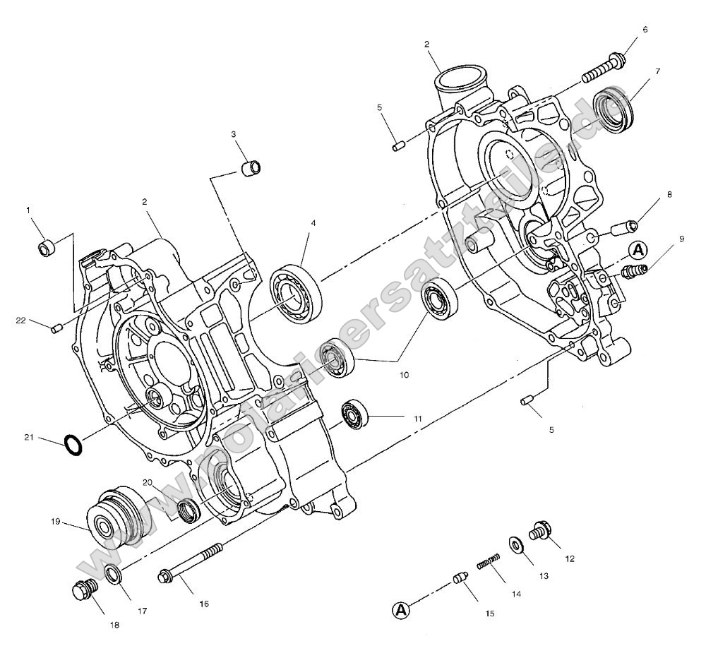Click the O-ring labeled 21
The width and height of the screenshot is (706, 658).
pyautogui.click(x=73, y=445)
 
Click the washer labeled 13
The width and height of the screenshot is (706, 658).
pyautogui.click(x=516, y=545)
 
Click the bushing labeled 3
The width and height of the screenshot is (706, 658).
pyautogui.click(x=251, y=168)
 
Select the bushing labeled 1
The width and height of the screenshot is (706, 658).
pyautogui.click(x=47, y=247)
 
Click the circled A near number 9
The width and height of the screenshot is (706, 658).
pyautogui.click(x=638, y=249)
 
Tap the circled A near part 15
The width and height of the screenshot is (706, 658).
pyautogui.click(x=400, y=609)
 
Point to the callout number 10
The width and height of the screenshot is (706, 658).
pyautogui.click(x=405, y=375)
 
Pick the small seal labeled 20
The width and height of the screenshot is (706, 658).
pyautogui.click(x=189, y=508)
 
